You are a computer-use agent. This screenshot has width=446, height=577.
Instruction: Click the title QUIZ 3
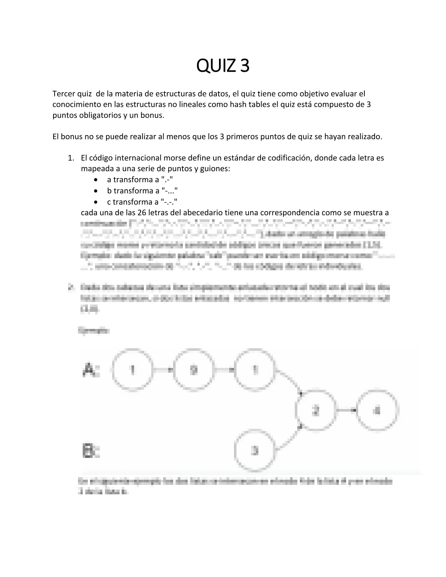(x=223, y=66)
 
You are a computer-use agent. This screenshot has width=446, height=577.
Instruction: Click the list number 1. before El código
(x=72, y=158)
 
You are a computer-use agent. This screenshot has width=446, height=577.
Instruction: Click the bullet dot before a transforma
(x=95, y=180)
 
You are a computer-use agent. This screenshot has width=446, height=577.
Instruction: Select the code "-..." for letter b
(x=169, y=191)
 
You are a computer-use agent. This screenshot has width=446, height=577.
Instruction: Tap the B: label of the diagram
(x=91, y=451)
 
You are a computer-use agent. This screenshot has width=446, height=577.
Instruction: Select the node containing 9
(x=194, y=370)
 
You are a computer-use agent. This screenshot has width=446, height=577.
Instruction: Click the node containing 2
(x=316, y=411)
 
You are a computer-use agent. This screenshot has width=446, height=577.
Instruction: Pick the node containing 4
(x=377, y=411)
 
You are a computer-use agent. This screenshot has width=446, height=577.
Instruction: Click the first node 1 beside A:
(x=133, y=370)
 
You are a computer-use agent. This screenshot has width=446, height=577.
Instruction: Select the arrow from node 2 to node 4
(x=346, y=411)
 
